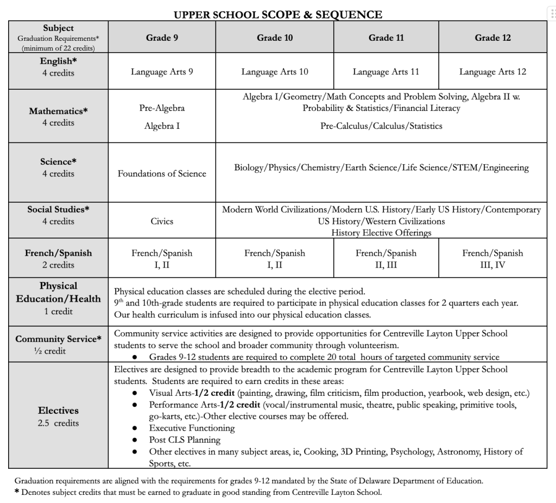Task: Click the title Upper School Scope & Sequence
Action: (277, 15)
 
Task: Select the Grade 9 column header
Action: (162, 38)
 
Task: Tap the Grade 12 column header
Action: (492, 38)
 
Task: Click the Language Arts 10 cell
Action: (275, 72)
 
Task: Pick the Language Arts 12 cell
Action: (492, 72)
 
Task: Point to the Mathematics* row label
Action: (58, 111)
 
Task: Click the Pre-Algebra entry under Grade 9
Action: (162, 108)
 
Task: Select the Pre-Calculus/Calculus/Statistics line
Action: (381, 126)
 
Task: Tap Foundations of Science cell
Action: (162, 174)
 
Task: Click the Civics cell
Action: (162, 221)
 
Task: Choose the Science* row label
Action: (58, 162)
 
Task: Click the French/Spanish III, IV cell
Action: (492, 259)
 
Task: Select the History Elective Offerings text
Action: (381, 233)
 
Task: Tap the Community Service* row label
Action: (58, 339)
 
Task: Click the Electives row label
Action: (58, 411)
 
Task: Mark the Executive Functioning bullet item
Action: (192, 428)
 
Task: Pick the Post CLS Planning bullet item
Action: (185, 440)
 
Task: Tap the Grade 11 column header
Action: (386, 38)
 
